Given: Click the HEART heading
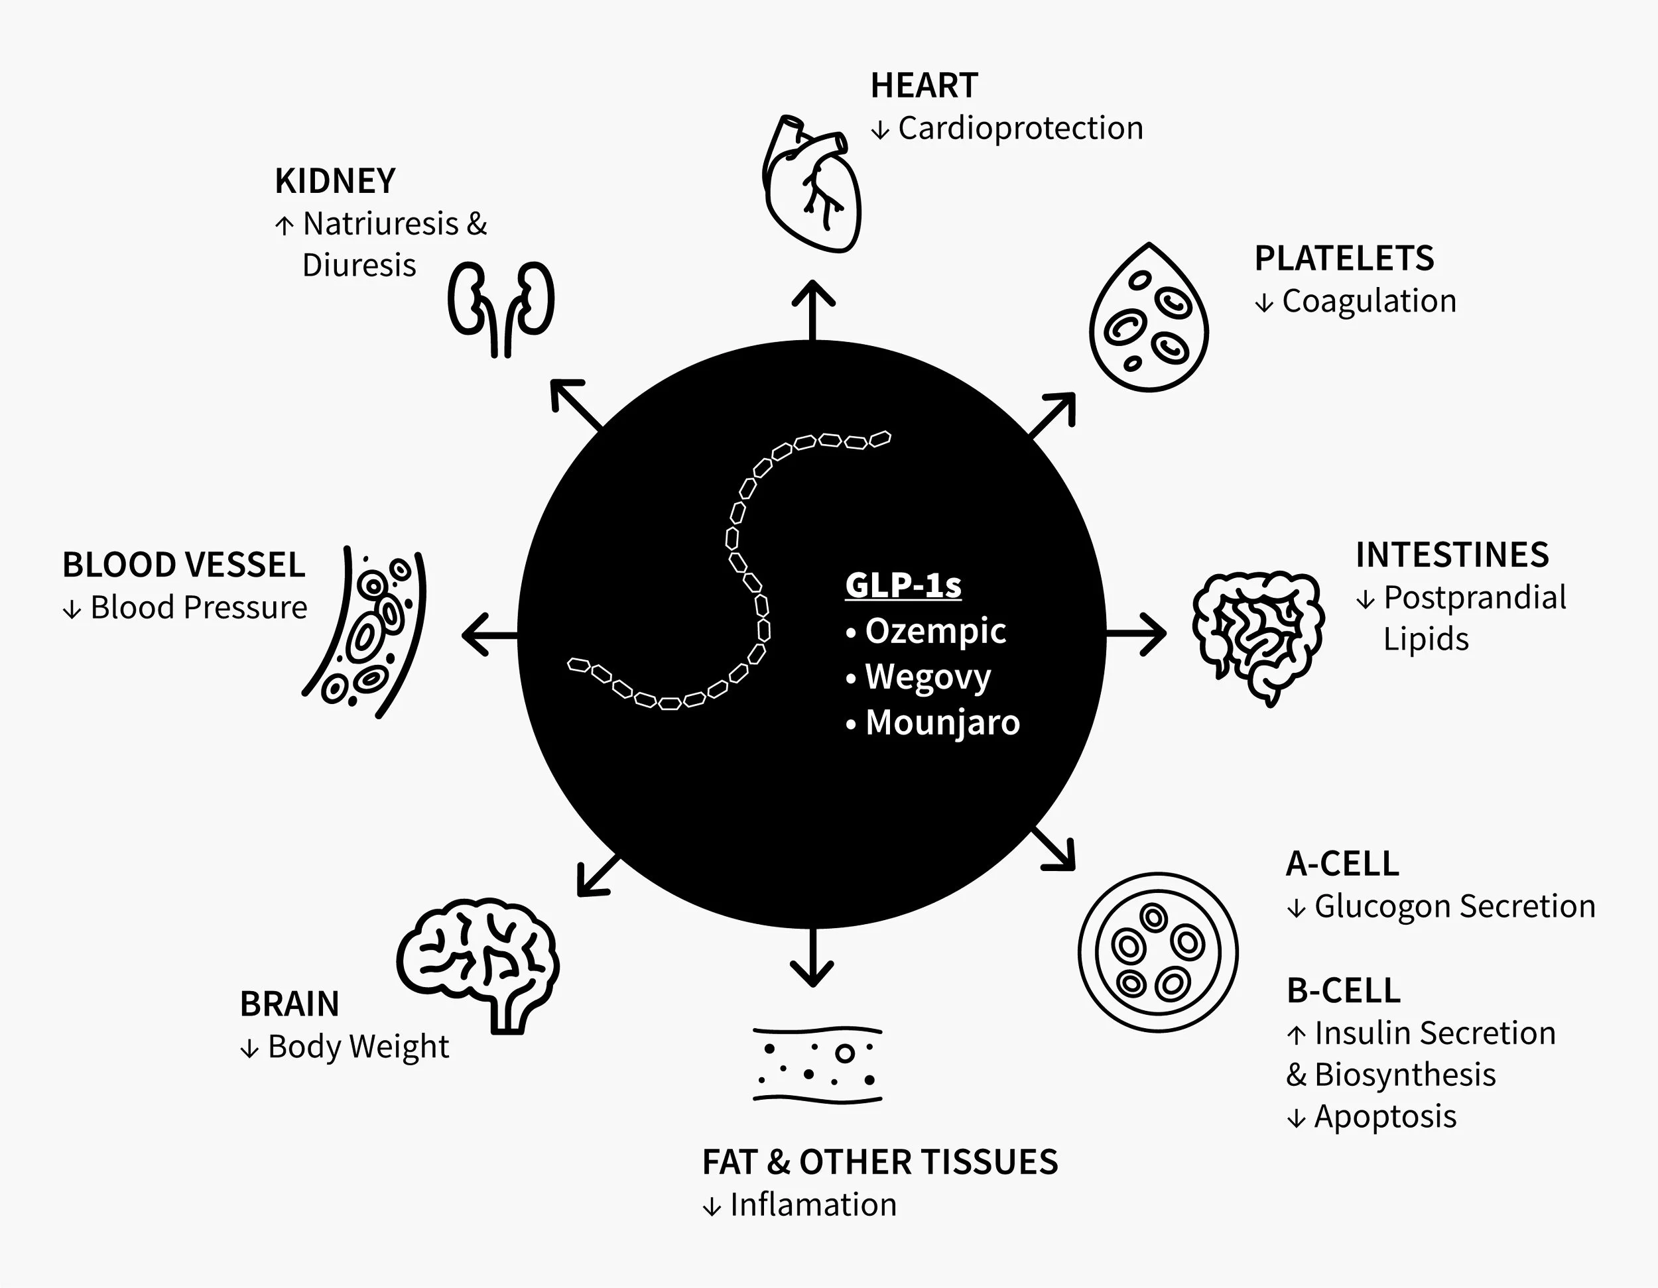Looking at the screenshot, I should tap(924, 86).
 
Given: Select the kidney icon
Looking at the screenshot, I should tap(500, 308).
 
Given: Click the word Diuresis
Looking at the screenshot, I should tap(359, 266).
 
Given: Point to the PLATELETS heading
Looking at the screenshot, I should tap(1344, 259).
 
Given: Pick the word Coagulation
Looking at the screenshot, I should tap(1369, 302).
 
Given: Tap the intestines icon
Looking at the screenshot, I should tap(1256, 636).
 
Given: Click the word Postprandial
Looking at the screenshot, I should tap(1474, 598).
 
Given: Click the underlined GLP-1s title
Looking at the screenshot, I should tap(903, 585).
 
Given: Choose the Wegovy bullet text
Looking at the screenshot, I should tap(928, 677).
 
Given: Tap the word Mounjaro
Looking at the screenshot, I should tap(942, 723).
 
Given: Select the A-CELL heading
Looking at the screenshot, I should tap(1342, 864).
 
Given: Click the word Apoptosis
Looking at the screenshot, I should tap(1385, 1116).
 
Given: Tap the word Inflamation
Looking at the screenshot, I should tap(812, 1205).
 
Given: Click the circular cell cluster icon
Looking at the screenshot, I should tap(1157, 952).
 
